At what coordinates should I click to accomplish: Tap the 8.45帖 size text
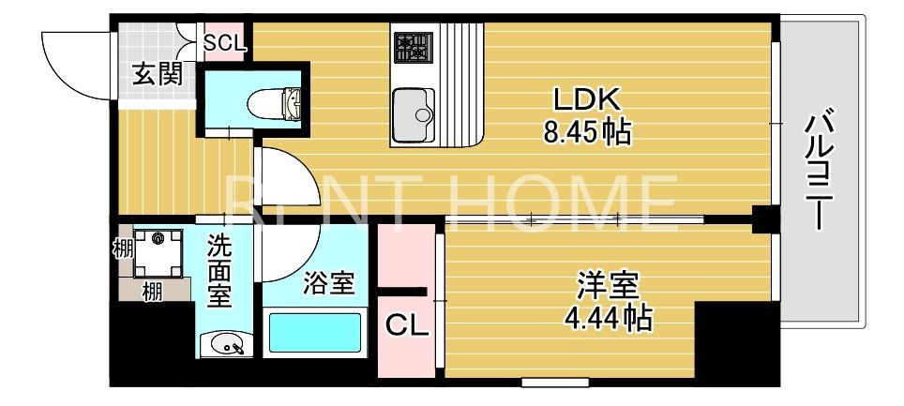point(587,132)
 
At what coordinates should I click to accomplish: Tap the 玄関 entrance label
point(157,74)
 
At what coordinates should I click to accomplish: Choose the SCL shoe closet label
point(225,42)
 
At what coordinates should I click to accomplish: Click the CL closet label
point(407,325)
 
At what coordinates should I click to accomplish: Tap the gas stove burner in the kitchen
point(410,46)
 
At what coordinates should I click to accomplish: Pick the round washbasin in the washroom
point(225,345)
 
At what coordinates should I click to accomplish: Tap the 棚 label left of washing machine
point(122,250)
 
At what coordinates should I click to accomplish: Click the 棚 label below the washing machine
point(151,292)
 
